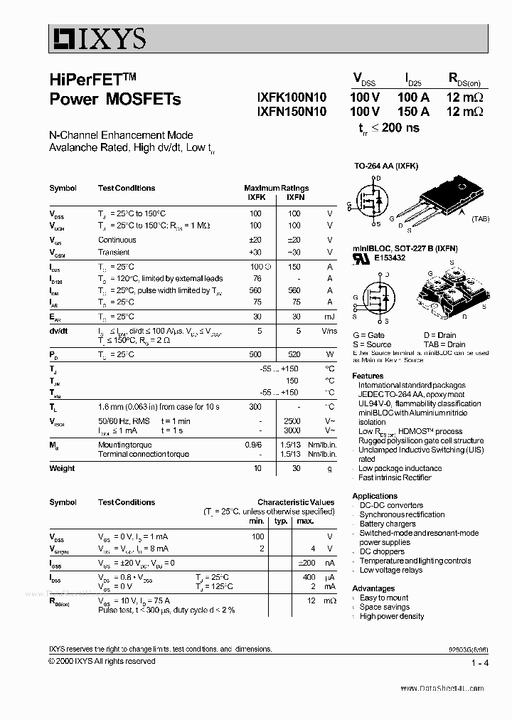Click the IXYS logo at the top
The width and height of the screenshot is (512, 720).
coord(98,38)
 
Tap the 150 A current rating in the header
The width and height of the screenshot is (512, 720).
coord(413,112)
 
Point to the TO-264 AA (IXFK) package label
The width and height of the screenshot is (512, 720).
coord(386,166)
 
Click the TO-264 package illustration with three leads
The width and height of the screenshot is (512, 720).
coord(444,197)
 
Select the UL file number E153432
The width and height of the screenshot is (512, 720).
coord(390,258)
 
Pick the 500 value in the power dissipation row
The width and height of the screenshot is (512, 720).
coord(255,354)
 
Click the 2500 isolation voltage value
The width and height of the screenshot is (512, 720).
coord(292,421)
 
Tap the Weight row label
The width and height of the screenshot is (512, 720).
coord(62,468)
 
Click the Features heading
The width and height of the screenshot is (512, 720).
coord(368,376)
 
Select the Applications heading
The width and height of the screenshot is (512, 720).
coord(375,496)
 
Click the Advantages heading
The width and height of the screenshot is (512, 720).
coord(373,588)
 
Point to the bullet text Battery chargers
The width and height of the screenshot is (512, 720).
coord(388,524)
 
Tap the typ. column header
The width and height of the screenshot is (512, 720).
coord(280,522)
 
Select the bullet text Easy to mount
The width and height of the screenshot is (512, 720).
coord(384,598)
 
